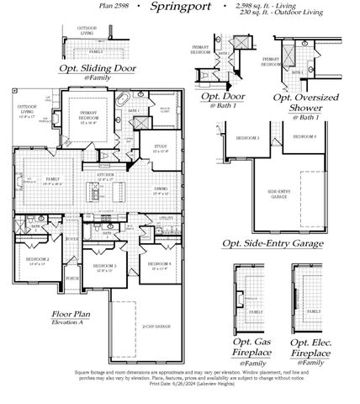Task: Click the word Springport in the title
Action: (178, 8)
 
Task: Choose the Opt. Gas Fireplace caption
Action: (251, 348)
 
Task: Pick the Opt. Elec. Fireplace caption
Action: (310, 348)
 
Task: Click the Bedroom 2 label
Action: (37, 260)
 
